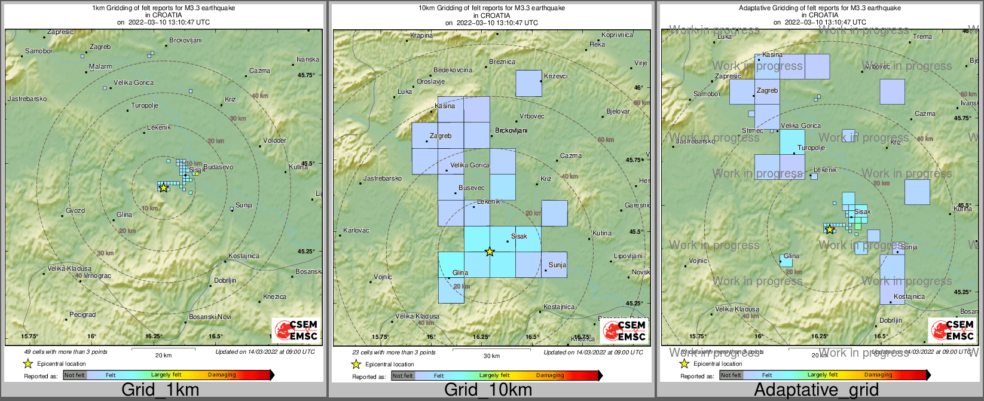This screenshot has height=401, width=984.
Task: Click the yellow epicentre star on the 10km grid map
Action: [490, 252]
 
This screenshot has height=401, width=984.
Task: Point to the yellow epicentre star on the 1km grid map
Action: [164, 188]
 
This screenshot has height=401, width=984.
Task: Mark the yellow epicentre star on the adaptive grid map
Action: [829, 229]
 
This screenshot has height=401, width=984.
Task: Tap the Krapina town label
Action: [421, 36]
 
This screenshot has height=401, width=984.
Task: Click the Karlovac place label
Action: [356, 231]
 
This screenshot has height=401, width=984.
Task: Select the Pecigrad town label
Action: [82, 314]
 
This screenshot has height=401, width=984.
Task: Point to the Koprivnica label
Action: [617, 35]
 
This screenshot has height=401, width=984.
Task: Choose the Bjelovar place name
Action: [618, 112]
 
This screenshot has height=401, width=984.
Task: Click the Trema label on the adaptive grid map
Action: [922, 37]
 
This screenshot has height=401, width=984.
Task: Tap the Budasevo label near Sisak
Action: [218, 167]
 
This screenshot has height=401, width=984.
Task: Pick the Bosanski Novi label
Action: [210, 317]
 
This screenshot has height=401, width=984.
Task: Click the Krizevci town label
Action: [556, 76]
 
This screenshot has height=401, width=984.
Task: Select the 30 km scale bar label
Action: [491, 356]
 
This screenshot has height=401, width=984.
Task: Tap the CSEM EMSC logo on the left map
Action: [295, 330]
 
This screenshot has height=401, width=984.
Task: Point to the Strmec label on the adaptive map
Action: [752, 131]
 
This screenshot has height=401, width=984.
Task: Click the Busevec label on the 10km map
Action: [471, 188]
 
